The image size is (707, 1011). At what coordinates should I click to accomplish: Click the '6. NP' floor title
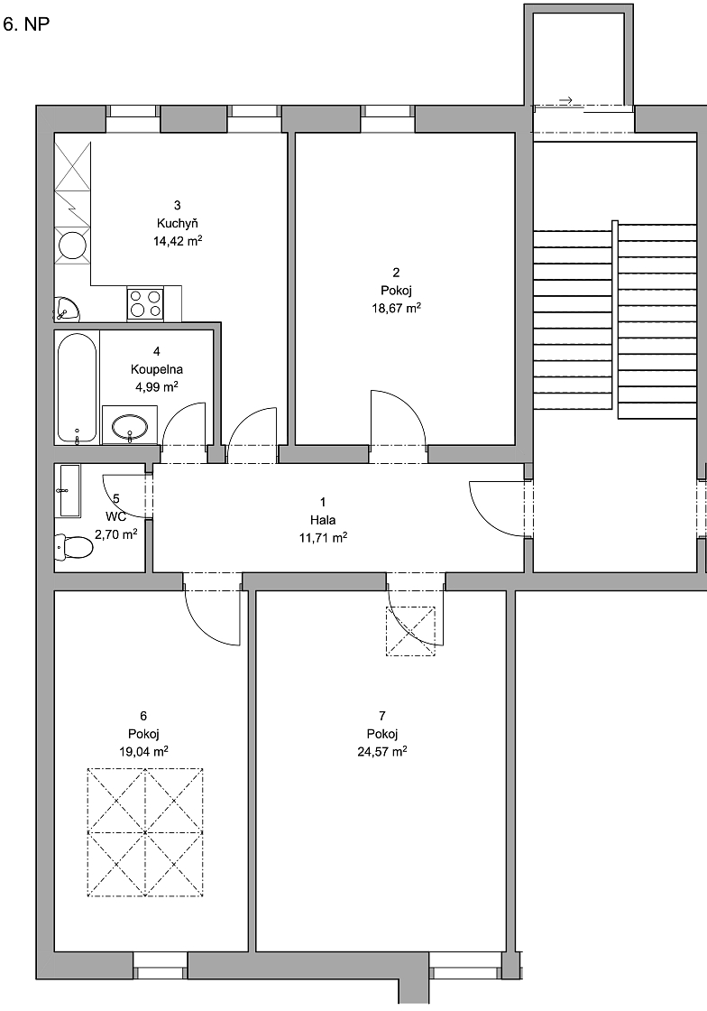tap(26, 24)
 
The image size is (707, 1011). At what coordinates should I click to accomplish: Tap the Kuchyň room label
tap(177, 223)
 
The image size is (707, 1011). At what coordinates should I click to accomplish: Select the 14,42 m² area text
tap(177, 241)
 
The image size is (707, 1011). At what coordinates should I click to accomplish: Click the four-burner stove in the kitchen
tap(145, 303)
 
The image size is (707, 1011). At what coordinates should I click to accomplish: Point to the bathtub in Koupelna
tap(77, 388)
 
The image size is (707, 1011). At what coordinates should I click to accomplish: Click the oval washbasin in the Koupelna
tap(130, 426)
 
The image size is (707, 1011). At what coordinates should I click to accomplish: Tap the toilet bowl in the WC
tap(74, 547)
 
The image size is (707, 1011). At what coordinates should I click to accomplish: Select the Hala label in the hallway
tap(323, 520)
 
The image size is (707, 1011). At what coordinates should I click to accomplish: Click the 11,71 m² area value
tap(323, 538)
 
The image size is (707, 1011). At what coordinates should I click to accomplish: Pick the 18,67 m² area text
tap(396, 308)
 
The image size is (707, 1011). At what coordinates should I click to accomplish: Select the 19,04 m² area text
tap(143, 751)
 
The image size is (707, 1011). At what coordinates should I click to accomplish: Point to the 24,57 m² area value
tap(381, 751)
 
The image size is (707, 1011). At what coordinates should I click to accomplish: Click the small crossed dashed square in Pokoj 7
tap(410, 631)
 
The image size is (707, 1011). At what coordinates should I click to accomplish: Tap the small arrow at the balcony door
tap(566, 100)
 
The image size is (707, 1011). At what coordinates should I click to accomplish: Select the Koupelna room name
tap(157, 369)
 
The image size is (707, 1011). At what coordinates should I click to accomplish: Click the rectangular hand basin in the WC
tap(69, 491)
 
